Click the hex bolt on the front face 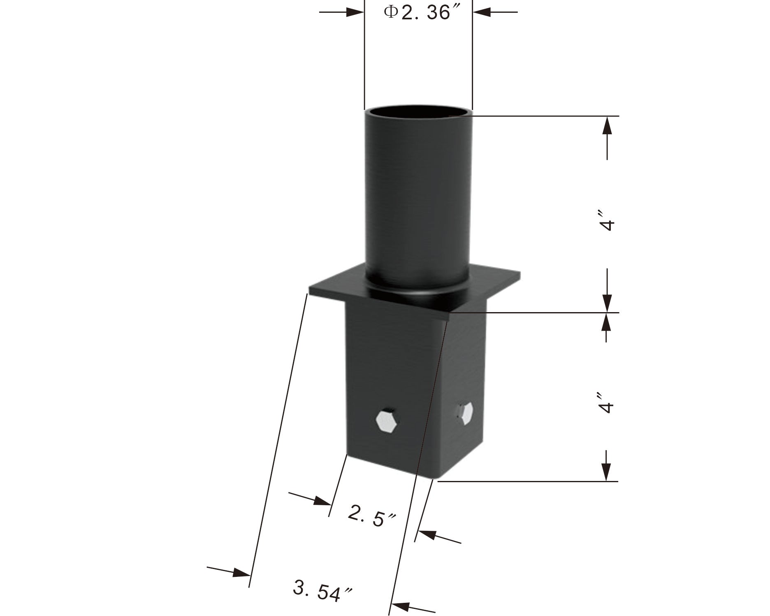click(x=387, y=421)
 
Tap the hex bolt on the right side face click(x=465, y=414)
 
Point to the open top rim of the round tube click(x=418, y=112)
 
